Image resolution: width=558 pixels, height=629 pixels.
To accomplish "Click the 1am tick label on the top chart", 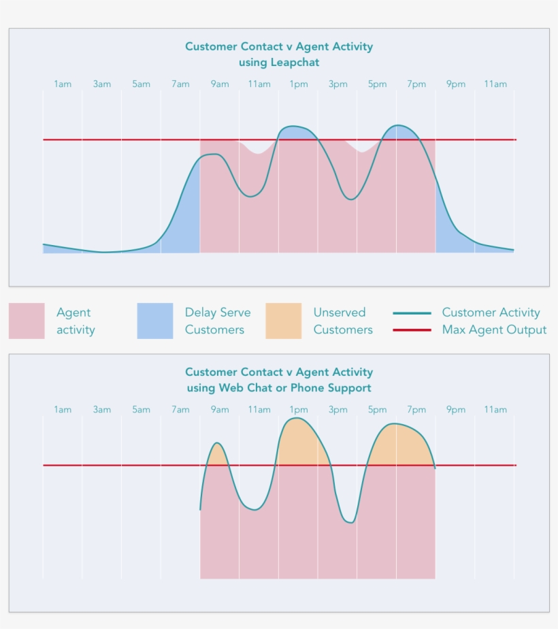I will click(x=63, y=84).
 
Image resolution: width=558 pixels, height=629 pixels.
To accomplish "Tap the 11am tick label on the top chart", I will click(x=259, y=84).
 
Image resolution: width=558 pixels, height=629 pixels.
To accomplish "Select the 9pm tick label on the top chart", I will click(x=456, y=84).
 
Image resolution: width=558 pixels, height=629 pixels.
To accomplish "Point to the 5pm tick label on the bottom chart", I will click(x=377, y=410).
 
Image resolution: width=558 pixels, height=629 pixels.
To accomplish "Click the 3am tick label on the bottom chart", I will click(x=102, y=410).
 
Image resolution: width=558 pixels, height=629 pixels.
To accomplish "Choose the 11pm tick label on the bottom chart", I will click(x=495, y=410).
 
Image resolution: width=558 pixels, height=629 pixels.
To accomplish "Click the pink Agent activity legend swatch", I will click(x=27, y=321).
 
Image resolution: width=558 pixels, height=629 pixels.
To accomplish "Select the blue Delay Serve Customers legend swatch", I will click(x=155, y=321).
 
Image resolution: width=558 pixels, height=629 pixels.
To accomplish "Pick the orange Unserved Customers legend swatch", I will click(x=283, y=321).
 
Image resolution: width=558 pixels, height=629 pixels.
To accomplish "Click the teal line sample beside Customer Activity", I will click(x=412, y=313).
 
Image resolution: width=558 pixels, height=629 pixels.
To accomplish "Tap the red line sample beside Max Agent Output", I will click(x=412, y=330).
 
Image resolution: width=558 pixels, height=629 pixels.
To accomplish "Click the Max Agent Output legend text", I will click(x=494, y=330).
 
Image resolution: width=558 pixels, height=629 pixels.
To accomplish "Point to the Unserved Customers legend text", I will click(x=343, y=321).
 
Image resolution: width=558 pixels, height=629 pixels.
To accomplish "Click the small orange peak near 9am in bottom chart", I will click(x=218, y=455).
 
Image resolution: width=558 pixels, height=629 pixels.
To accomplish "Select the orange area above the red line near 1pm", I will click(x=299, y=442).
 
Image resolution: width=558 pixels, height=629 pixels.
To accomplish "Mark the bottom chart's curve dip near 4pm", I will click(x=349, y=521).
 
